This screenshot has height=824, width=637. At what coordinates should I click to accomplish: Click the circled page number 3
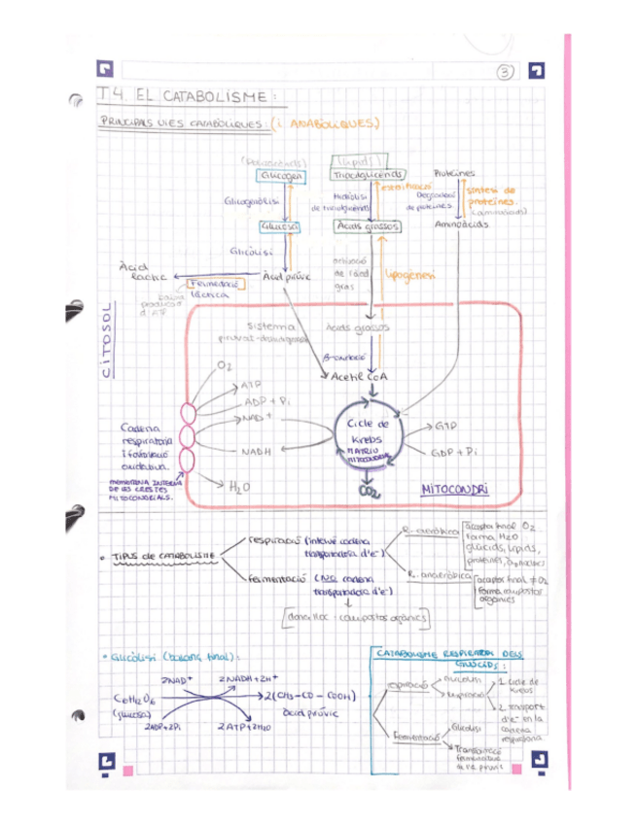[x=505, y=70]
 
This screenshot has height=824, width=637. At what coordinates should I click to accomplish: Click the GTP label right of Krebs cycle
[x=444, y=426]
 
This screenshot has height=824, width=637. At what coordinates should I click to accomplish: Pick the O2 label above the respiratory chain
[x=226, y=364]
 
